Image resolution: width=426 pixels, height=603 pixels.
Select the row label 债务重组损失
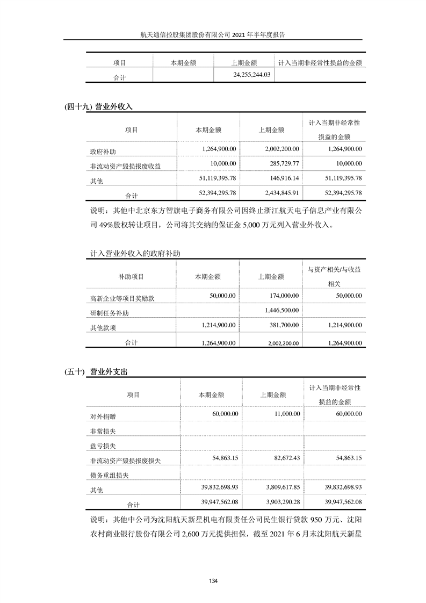pos(110,475)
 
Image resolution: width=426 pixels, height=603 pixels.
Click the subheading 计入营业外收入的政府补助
pos(138,253)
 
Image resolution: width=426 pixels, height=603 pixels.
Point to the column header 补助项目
pos(131,277)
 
